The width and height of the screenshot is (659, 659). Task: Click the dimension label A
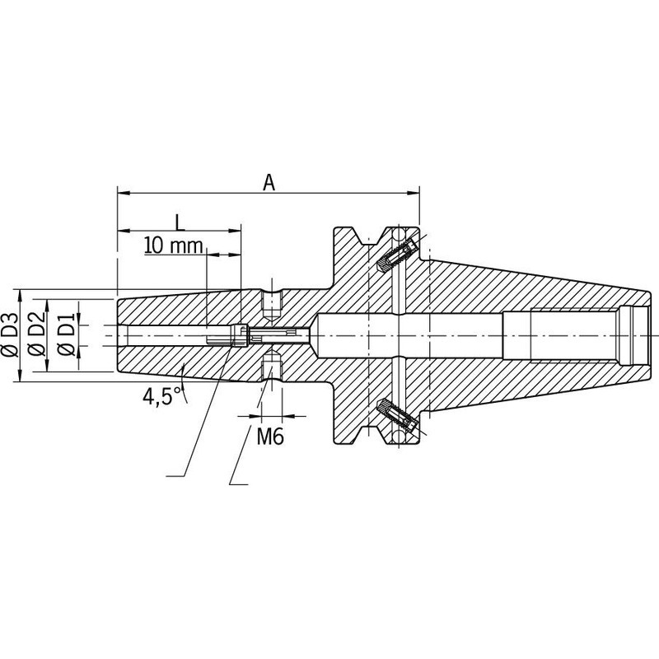(x=269, y=182)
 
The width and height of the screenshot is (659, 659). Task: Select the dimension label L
(x=180, y=222)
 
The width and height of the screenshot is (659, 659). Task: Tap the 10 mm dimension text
(x=174, y=245)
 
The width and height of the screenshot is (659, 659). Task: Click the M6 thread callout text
(x=270, y=437)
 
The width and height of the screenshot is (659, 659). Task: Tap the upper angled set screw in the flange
(x=397, y=255)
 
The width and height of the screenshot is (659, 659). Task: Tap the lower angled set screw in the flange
(x=397, y=416)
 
